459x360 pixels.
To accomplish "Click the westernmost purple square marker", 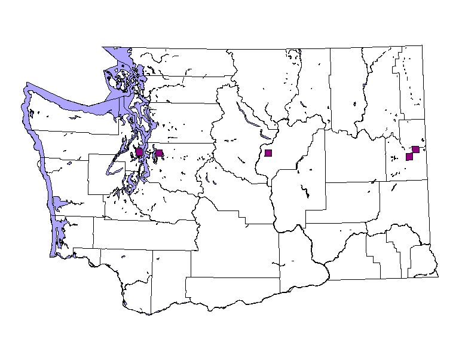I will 139,152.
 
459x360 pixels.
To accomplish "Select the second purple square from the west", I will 159,153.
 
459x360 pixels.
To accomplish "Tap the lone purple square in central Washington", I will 268,153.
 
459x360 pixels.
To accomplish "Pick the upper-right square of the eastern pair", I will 415,150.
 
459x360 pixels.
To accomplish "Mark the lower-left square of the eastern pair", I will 409,157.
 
